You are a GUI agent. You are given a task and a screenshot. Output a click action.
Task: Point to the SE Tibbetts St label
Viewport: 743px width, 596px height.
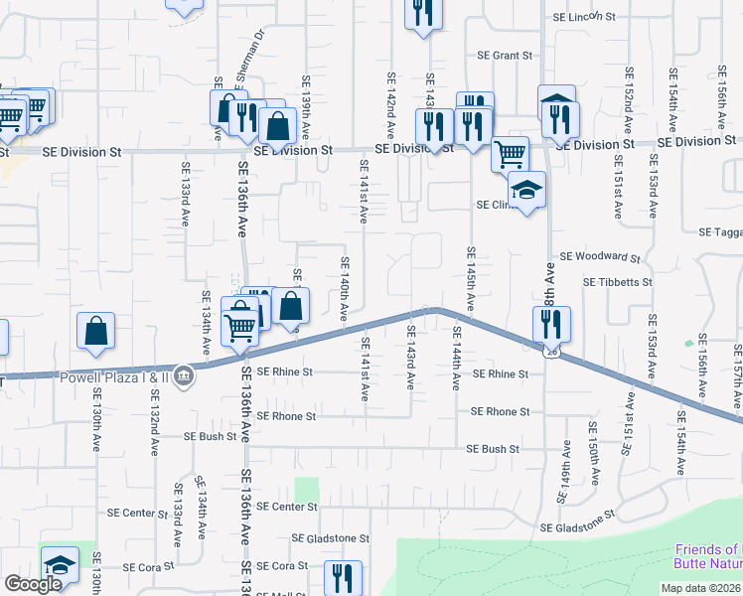click(617, 282)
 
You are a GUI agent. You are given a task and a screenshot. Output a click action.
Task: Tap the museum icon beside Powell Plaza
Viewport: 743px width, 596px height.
click(184, 375)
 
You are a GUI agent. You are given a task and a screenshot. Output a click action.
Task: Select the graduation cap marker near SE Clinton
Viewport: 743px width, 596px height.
click(526, 190)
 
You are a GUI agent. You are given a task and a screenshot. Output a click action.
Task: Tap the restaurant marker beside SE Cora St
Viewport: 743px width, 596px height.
click(343, 576)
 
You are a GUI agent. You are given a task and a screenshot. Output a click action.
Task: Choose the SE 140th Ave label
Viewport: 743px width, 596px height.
click(345, 288)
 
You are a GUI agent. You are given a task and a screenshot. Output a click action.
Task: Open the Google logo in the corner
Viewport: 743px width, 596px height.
click(34, 585)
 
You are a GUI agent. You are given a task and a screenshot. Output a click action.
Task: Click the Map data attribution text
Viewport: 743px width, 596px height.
click(701, 588)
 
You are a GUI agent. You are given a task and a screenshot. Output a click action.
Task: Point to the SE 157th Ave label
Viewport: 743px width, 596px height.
click(737, 377)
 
